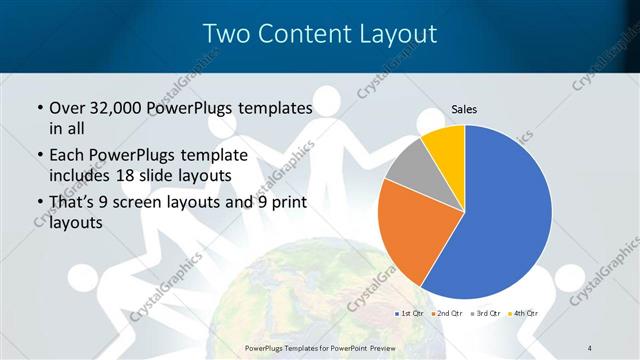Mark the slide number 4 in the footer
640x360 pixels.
click(590, 347)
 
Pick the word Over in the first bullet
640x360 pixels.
click(67, 108)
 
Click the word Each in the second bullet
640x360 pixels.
click(66, 155)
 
